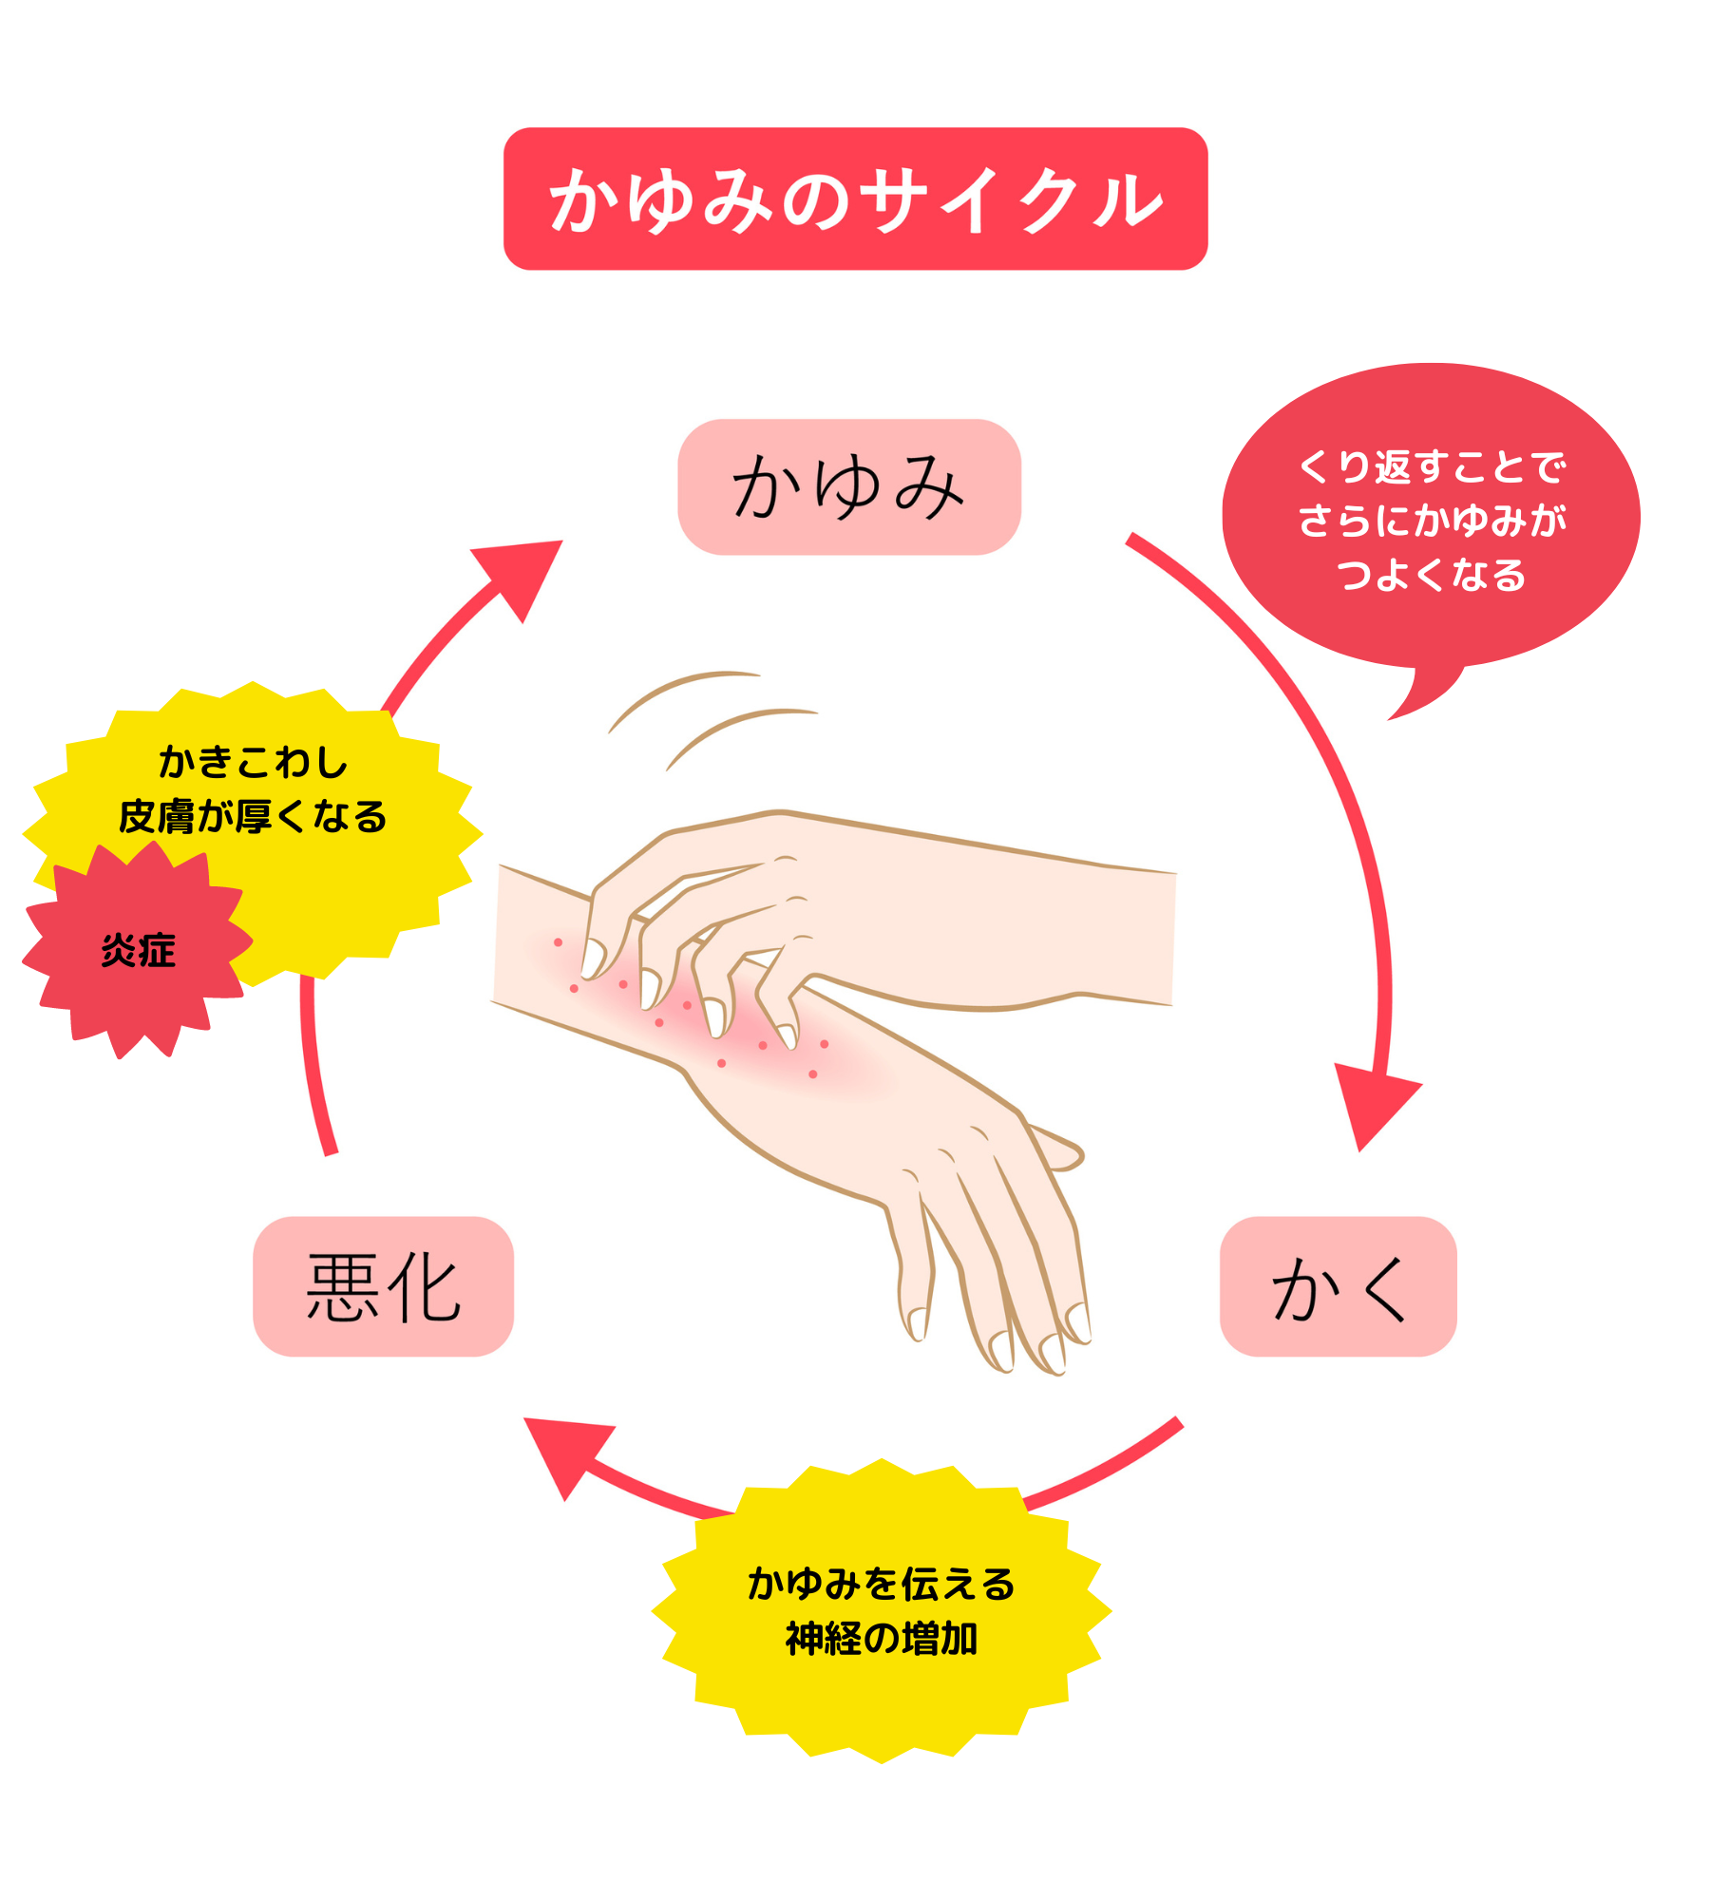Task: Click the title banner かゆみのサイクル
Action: click(x=855, y=199)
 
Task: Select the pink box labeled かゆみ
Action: click(x=848, y=486)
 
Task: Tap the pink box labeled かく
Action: click(x=1338, y=1286)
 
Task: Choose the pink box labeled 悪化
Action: click(x=383, y=1286)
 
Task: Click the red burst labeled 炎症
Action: click(x=138, y=950)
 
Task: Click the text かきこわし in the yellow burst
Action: click(x=253, y=762)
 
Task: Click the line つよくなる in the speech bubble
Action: click(x=1431, y=575)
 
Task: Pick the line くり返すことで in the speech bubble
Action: click(x=1431, y=466)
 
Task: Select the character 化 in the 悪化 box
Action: click(x=424, y=1287)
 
